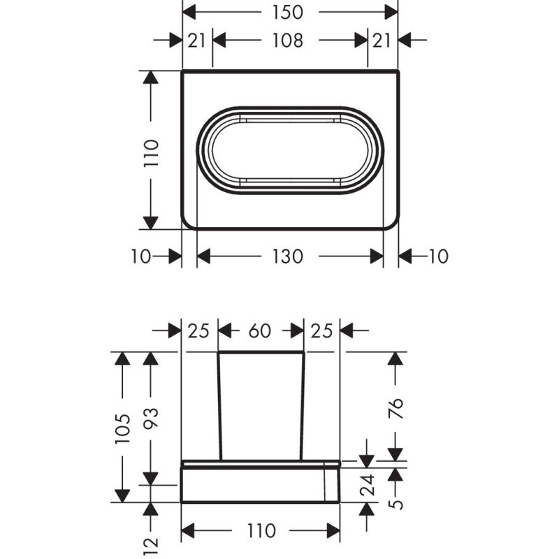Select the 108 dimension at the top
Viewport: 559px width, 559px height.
(289, 41)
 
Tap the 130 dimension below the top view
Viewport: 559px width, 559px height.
(287, 256)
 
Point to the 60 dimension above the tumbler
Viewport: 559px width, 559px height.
(260, 331)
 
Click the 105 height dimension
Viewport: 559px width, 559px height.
(123, 428)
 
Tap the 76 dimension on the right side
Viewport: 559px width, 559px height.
(395, 407)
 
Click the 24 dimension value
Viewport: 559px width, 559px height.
(367, 481)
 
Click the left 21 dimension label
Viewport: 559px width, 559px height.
(197, 41)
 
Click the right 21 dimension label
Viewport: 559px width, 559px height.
(382, 41)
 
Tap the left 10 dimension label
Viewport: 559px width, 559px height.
(140, 256)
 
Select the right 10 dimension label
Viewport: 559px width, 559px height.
(437, 256)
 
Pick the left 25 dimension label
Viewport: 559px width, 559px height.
(198, 331)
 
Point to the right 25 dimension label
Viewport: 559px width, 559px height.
(321, 331)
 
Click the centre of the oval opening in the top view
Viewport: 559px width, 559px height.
(290, 151)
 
